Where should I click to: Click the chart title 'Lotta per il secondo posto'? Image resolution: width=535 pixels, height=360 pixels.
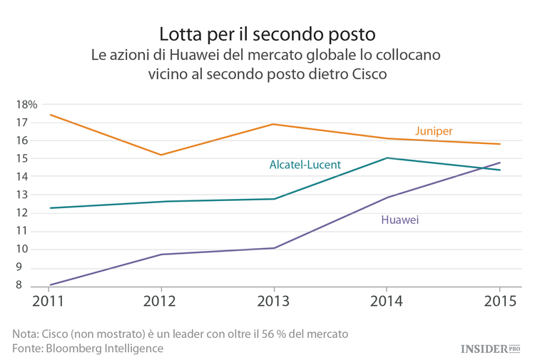(267, 34)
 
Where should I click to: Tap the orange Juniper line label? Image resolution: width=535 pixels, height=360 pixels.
(434, 130)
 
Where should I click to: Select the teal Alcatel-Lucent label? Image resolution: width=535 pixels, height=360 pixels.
(305, 165)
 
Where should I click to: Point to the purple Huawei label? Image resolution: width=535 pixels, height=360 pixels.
(399, 220)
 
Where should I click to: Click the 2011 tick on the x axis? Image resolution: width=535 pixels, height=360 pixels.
(49, 300)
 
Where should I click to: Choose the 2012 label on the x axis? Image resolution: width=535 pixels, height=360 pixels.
(161, 300)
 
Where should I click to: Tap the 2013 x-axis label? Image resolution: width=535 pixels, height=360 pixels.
(274, 300)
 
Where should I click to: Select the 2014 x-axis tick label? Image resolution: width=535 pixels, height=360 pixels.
(386, 300)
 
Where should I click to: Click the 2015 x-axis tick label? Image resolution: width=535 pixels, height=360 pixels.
(499, 300)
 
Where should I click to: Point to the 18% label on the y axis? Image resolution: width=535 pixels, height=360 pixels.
(26, 104)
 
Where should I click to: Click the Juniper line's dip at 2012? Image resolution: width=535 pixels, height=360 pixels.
(161, 155)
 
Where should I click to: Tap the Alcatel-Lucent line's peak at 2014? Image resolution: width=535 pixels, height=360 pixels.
(386, 158)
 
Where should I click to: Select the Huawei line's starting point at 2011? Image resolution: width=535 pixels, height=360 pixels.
(49, 284)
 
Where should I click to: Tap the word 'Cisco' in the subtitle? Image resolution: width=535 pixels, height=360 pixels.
(370, 74)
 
